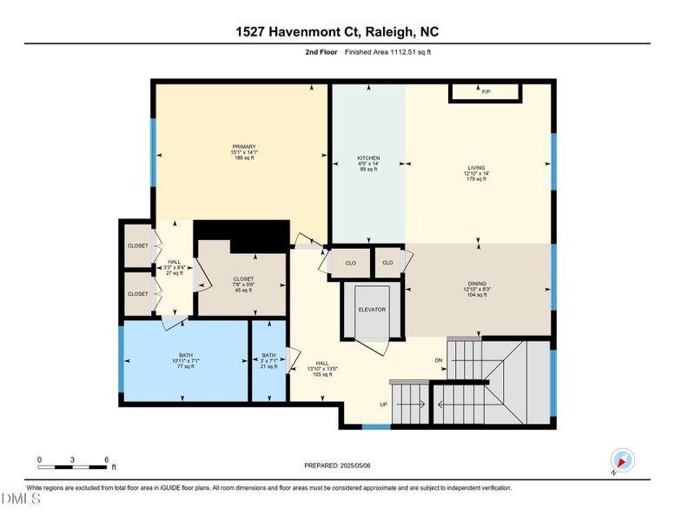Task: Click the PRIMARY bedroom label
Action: pos(244,146)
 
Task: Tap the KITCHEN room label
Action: pos(368,157)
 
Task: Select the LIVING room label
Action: pos(476,168)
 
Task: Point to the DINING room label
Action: pos(477,283)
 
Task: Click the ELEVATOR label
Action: pos(372,309)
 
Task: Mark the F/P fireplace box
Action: pos(485,91)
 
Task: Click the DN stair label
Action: pos(439,359)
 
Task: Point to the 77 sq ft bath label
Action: pos(186,361)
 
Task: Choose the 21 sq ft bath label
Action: pos(269,361)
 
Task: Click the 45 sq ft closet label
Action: pos(243,284)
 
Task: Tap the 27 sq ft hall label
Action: pos(174,267)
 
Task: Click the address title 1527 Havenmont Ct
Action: pos(337,32)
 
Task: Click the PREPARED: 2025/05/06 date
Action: pos(337,465)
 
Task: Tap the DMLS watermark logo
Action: pos(21,499)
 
